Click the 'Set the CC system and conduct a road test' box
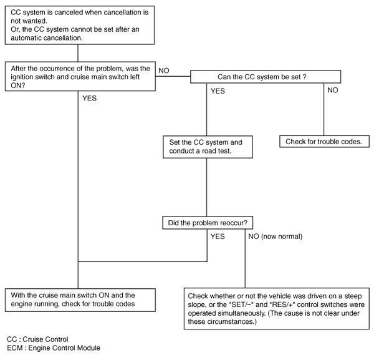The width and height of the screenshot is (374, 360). (x=206, y=147)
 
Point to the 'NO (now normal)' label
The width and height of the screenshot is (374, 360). (x=276, y=237)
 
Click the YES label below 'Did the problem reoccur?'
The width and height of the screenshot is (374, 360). (x=218, y=237)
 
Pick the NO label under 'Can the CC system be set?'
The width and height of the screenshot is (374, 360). (x=334, y=90)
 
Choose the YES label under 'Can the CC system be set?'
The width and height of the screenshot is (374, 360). (x=218, y=90)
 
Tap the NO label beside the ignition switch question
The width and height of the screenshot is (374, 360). (x=165, y=70)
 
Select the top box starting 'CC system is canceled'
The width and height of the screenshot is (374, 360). (x=78, y=24)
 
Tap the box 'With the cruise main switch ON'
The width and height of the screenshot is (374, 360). (x=78, y=298)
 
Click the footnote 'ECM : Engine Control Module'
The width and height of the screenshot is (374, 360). (x=52, y=347)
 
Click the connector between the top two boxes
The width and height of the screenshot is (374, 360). (x=77, y=53)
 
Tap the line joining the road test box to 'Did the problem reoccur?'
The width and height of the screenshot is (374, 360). (x=206, y=188)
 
